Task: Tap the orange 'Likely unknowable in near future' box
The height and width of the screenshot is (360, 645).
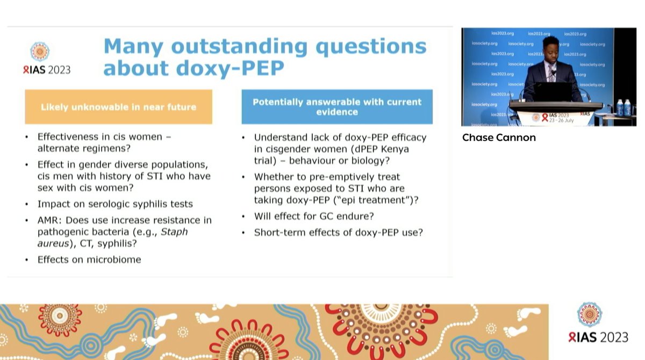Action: pyautogui.click(x=118, y=107)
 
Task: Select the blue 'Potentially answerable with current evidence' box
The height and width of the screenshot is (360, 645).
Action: pyautogui.click(x=337, y=106)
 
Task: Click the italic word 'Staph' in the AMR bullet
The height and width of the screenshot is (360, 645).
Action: pyautogui.click(x=174, y=232)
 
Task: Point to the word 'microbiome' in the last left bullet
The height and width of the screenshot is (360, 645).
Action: pyautogui.click(x=114, y=260)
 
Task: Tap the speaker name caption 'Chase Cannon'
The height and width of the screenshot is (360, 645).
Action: pyautogui.click(x=499, y=138)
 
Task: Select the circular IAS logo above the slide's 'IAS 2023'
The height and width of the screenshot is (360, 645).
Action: pyautogui.click(x=40, y=52)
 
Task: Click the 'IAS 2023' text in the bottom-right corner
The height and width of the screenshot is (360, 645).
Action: pyautogui.click(x=598, y=337)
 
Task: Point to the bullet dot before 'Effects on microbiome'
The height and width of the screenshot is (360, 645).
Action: pyautogui.click(x=27, y=260)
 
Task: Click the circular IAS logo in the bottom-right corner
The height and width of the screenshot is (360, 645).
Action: pyautogui.click(x=589, y=314)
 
